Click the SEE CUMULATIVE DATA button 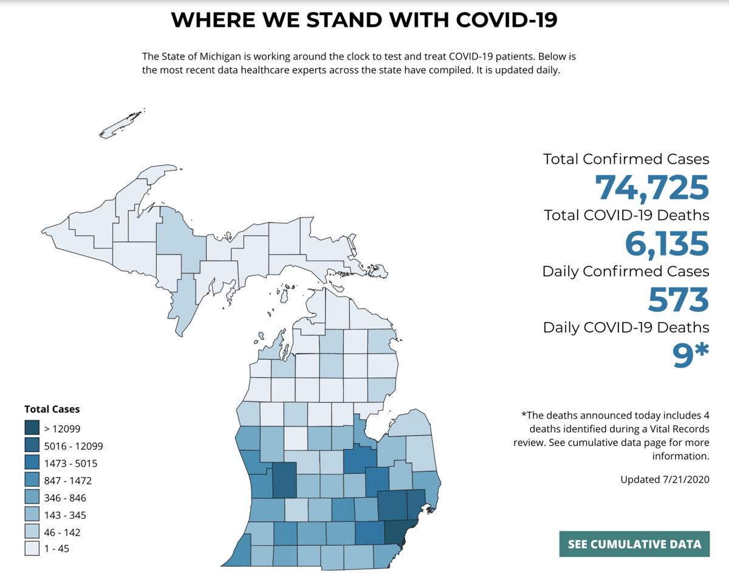pos(634,544)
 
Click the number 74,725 pos(652,187)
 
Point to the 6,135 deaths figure pos(666,243)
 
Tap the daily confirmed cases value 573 pos(678,299)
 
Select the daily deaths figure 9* pos(690,356)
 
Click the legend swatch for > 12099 pos(32,428)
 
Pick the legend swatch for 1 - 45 pos(32,549)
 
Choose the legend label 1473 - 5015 pos(71,463)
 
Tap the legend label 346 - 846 pos(66,498)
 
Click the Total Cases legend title pos(52,410)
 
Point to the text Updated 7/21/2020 pos(665,479)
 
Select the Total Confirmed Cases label pos(626,159)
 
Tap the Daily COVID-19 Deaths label pos(626,328)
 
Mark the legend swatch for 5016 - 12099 pos(32,446)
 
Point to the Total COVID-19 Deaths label pos(626,215)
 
